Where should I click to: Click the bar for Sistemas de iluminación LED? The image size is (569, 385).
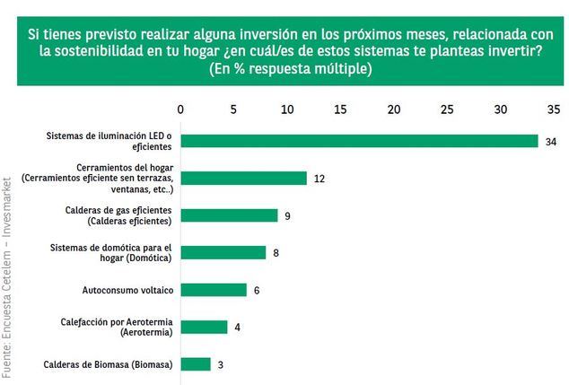tap(359, 141)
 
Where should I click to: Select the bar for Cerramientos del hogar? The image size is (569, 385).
tap(243, 178)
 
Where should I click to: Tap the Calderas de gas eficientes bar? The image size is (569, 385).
tap(229, 215)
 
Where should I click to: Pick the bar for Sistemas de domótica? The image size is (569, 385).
tap(223, 252)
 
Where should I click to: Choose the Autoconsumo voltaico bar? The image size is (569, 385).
tap(213, 290)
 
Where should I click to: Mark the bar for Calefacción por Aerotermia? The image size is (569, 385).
tap(204, 327)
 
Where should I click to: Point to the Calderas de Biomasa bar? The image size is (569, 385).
tap(196, 363)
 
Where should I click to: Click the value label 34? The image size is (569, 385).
tap(551, 142)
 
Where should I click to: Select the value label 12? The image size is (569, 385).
tap(319, 179)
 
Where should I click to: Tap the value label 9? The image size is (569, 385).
tap(287, 216)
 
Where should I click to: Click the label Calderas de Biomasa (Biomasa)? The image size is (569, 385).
tap(108, 364)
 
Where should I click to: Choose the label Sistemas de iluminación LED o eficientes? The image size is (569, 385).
tap(109, 142)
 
